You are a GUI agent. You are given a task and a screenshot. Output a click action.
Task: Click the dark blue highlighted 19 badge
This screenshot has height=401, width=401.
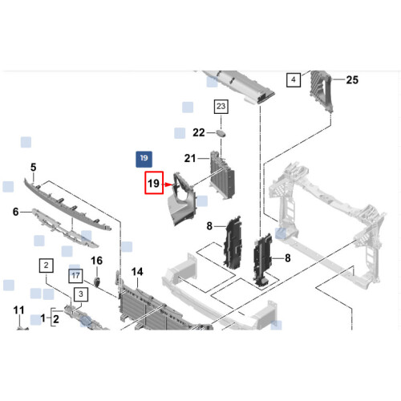click(x=144, y=160)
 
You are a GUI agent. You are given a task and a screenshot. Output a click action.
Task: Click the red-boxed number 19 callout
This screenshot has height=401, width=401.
click(x=154, y=183)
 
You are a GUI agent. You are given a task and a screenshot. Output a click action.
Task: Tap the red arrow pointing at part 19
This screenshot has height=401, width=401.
click(x=168, y=184)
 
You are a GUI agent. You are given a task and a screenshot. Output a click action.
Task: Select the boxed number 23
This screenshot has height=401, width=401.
click(x=221, y=107)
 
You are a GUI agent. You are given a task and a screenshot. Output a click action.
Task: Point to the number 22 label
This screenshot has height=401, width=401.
click(x=199, y=132)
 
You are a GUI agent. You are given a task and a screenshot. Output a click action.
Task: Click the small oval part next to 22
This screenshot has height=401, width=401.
click(x=221, y=133)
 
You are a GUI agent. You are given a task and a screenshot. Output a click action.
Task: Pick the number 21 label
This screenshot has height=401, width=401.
click(x=190, y=158)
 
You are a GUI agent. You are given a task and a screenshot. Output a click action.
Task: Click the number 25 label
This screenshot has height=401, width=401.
click(x=352, y=79)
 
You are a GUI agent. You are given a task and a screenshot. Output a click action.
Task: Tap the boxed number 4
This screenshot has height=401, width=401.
click(x=294, y=79)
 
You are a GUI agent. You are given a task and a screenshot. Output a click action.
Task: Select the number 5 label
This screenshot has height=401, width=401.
click(x=33, y=168)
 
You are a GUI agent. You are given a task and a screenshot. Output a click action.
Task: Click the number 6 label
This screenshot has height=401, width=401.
click(x=16, y=212)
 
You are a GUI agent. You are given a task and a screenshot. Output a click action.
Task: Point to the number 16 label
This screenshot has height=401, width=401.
click(x=96, y=261)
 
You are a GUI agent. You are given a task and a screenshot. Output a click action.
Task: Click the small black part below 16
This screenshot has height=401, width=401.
click(x=97, y=282)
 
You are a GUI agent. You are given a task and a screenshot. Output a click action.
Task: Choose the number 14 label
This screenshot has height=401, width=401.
click(x=137, y=272)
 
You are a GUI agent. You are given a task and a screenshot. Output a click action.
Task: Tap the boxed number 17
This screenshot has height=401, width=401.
click(x=75, y=276)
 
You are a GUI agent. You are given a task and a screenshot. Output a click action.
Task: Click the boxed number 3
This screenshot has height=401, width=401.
click(x=81, y=294)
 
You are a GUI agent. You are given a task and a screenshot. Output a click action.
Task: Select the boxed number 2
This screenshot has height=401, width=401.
click(x=47, y=265)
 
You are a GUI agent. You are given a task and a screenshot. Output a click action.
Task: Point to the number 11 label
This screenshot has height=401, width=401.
click(x=18, y=310)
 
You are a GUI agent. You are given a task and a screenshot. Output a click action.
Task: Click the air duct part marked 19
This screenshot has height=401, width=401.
click(x=182, y=203)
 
